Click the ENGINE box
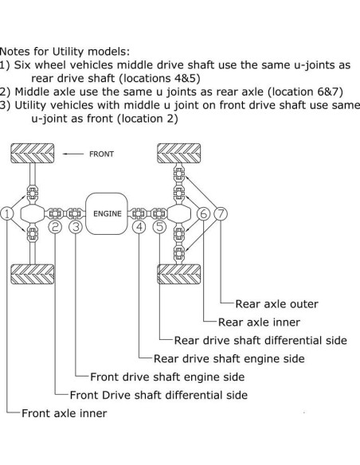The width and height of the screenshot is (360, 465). click(x=107, y=213)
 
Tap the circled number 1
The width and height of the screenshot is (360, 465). click(x=7, y=213)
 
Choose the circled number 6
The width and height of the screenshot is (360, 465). click(x=203, y=213)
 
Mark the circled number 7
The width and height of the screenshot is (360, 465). click(x=221, y=213)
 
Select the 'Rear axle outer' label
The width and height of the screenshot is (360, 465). click(x=276, y=303)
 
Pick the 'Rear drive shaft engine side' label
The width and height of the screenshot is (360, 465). click(x=229, y=358)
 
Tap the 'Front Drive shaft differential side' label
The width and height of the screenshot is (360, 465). click(x=158, y=395)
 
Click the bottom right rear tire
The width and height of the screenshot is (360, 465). click(x=179, y=273)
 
